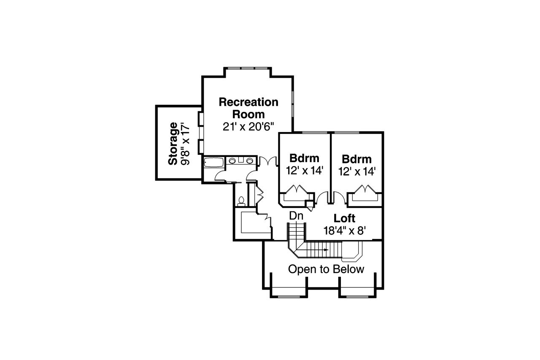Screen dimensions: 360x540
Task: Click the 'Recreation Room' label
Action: (248, 108)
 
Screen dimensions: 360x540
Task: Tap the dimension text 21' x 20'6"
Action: (248, 126)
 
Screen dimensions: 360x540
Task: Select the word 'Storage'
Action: (173, 143)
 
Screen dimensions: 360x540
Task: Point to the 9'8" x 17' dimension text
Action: (184, 143)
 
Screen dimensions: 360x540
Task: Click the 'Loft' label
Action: (344, 219)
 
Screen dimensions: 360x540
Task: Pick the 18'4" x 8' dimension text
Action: (344, 230)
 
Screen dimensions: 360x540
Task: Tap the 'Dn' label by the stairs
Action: (297, 216)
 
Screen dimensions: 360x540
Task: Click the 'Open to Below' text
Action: (326, 269)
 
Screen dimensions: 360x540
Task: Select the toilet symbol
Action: (242, 201)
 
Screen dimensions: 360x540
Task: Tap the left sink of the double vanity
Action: (233, 160)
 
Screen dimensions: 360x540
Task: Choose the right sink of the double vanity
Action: (250, 160)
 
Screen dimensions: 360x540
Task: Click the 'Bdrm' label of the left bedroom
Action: (304, 159)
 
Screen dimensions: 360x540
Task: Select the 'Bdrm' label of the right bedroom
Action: (357, 160)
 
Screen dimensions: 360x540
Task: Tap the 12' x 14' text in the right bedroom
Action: (357, 171)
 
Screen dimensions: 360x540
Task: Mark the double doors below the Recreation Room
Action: (267, 161)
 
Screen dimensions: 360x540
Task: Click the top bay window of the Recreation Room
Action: (247, 68)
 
